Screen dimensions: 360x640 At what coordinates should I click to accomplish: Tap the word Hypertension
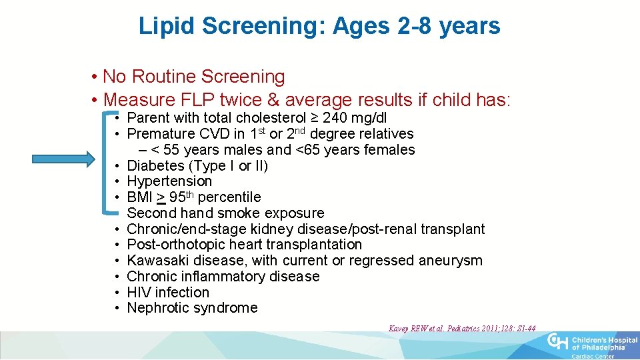169,181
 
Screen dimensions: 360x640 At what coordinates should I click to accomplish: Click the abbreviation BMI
139,197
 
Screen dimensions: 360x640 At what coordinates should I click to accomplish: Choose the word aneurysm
451,261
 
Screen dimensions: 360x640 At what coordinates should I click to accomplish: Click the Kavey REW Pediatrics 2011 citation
462,328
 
